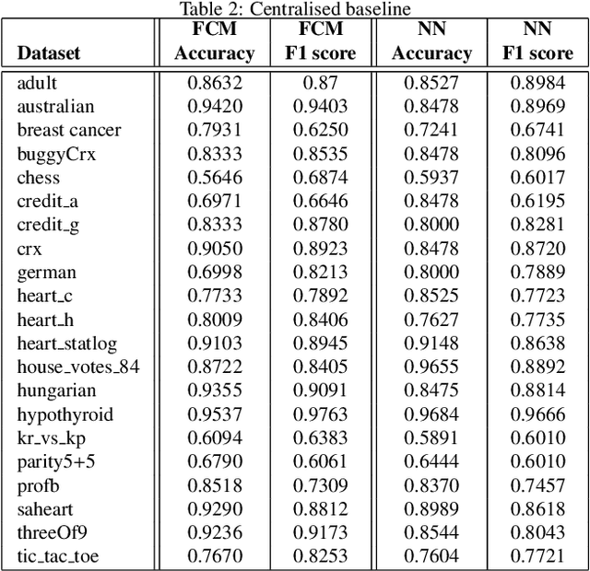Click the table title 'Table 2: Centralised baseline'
coord(295,9)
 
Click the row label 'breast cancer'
coord(69,130)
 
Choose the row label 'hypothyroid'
coord(65,414)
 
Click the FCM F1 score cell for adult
coord(321,83)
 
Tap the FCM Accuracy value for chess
coord(214,178)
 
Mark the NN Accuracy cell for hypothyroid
coord(431,414)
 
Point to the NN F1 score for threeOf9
coord(537,532)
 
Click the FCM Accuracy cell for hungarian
coord(214,390)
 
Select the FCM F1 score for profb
coord(321,485)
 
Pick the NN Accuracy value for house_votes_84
coord(431,367)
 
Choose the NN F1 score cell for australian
coord(537,107)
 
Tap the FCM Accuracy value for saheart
coord(214,508)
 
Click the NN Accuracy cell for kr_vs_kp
coord(431,437)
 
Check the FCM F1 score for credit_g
coord(321,225)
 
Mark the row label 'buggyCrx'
coord(56,154)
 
